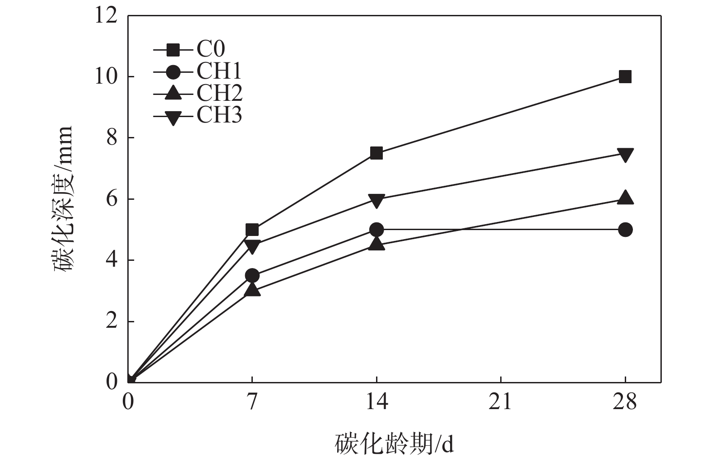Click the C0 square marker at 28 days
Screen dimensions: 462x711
point(625,77)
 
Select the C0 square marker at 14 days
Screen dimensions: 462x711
point(376,153)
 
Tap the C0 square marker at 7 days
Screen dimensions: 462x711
point(252,230)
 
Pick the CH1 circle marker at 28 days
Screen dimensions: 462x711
point(625,230)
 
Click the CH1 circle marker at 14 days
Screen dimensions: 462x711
point(376,230)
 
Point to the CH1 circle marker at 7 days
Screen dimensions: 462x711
point(252,275)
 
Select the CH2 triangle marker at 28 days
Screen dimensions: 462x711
point(625,198)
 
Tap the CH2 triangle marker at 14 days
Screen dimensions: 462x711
point(376,244)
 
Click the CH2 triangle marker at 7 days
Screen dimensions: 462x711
point(252,290)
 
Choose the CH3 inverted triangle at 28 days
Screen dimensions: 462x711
point(625,155)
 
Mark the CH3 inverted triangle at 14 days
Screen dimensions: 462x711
point(376,200)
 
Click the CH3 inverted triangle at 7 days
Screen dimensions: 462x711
point(252,246)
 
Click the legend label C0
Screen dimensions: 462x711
point(210,49)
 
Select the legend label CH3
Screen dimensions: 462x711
point(219,115)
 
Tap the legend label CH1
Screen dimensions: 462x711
point(219,71)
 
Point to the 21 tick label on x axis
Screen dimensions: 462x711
point(500,402)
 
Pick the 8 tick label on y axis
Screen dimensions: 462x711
point(111,138)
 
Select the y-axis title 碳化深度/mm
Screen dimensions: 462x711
point(63,199)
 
